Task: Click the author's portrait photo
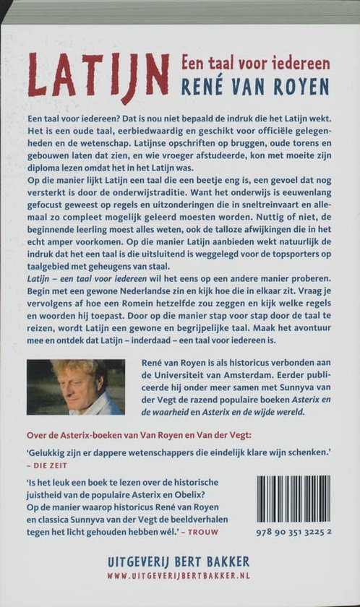76,387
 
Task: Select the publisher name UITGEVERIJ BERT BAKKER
179,561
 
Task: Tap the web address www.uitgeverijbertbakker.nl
179,576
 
